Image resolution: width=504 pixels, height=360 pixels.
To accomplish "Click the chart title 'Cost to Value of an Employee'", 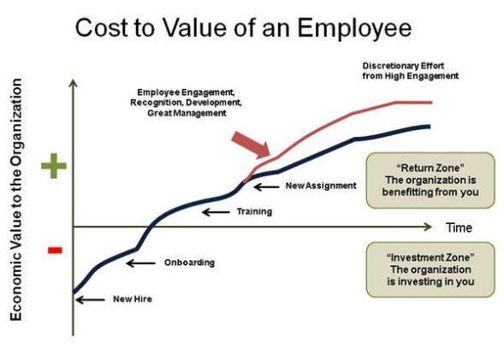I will [243, 28].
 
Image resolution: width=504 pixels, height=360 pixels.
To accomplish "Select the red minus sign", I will [54, 250].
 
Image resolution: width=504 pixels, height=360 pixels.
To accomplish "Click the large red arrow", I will [251, 145].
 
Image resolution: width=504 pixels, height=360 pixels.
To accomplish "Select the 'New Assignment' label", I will [321, 185].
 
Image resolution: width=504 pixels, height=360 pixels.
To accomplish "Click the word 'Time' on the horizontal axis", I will [458, 228].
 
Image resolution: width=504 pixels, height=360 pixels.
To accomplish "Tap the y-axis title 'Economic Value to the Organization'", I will [15, 201].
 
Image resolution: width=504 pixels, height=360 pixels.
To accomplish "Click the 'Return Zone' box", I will [430, 180].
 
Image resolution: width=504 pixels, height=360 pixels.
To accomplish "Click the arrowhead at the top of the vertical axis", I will [74, 83].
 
